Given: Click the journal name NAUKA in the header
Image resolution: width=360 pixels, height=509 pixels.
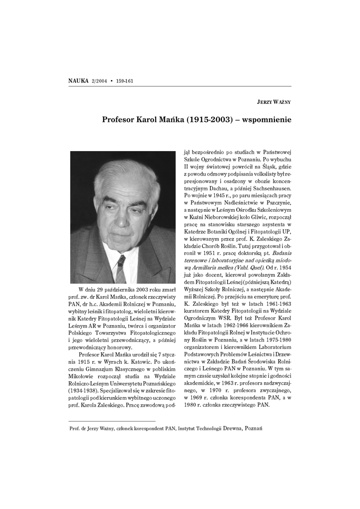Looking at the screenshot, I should [x=79, y=81].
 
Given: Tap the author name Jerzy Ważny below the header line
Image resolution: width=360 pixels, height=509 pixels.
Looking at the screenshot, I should [x=273, y=102].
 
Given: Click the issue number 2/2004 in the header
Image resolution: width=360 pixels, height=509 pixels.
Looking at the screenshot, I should [x=100, y=81].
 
